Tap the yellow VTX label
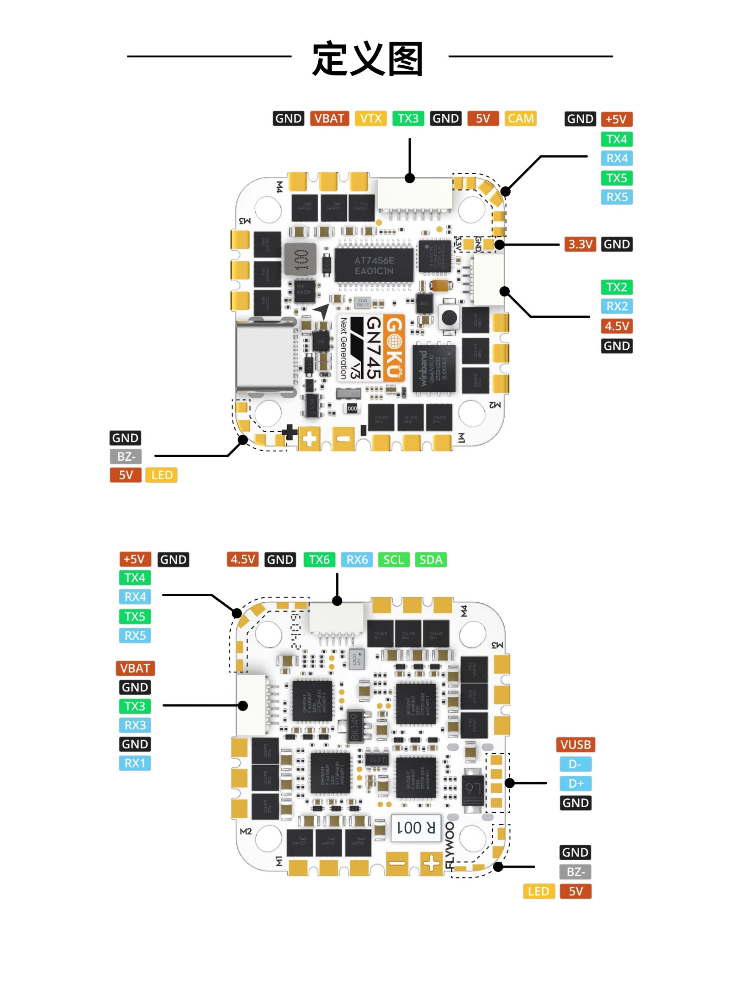coord(371,119)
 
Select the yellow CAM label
coord(520,119)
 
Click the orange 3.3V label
coord(580,245)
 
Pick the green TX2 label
coord(616,287)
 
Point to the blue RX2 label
coord(616,306)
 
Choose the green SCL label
coord(393,560)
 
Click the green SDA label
coord(431,560)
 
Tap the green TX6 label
coord(319,560)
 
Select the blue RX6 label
coord(357,560)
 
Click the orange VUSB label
coord(576,745)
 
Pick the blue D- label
coord(576,764)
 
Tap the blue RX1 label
coord(135,763)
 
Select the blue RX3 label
coord(135,725)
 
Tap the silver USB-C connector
coord(265,358)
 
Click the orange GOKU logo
coord(394,348)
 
